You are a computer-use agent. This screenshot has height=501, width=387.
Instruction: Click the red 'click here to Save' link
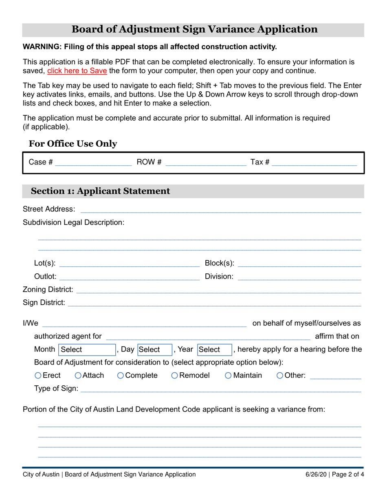coord(77,70)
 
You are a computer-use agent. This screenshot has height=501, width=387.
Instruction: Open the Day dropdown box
coord(154,349)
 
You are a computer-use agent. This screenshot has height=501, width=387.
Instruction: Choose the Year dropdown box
coord(214,349)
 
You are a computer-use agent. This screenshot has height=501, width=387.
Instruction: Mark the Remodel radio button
coord(174,375)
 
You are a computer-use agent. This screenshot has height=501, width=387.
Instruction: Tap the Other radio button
coord(279,375)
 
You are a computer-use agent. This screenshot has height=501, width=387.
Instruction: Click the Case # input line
coord(93,163)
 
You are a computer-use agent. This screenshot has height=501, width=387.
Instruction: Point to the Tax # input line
coord(314,163)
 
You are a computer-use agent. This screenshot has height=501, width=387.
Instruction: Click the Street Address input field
coord(220,209)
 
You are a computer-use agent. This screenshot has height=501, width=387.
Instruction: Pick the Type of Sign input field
coord(220,389)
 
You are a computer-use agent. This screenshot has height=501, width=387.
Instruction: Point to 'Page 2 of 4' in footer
coord(349,474)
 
